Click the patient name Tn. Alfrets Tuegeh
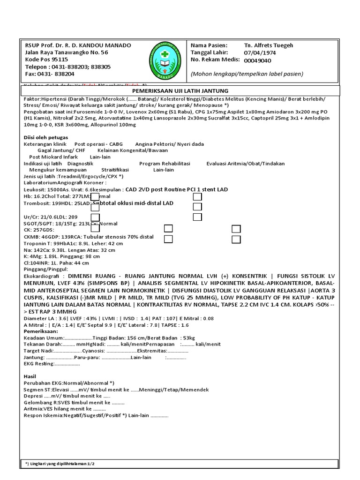(x=268, y=45)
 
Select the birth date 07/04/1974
(x=260, y=53)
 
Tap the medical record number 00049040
(x=257, y=60)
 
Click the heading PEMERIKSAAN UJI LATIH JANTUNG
(x=180, y=90)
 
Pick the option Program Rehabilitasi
(x=165, y=163)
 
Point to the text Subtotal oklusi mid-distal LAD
(x=133, y=203)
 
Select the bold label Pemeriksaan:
(x=40, y=331)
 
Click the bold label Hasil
(x=30, y=376)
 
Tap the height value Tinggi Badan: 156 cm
(x=119, y=337)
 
